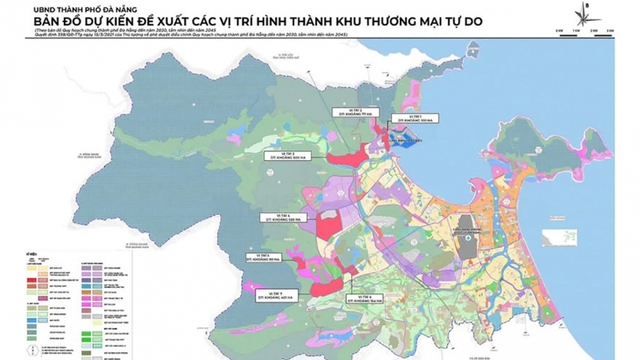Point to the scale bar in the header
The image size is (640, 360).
[579, 37]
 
